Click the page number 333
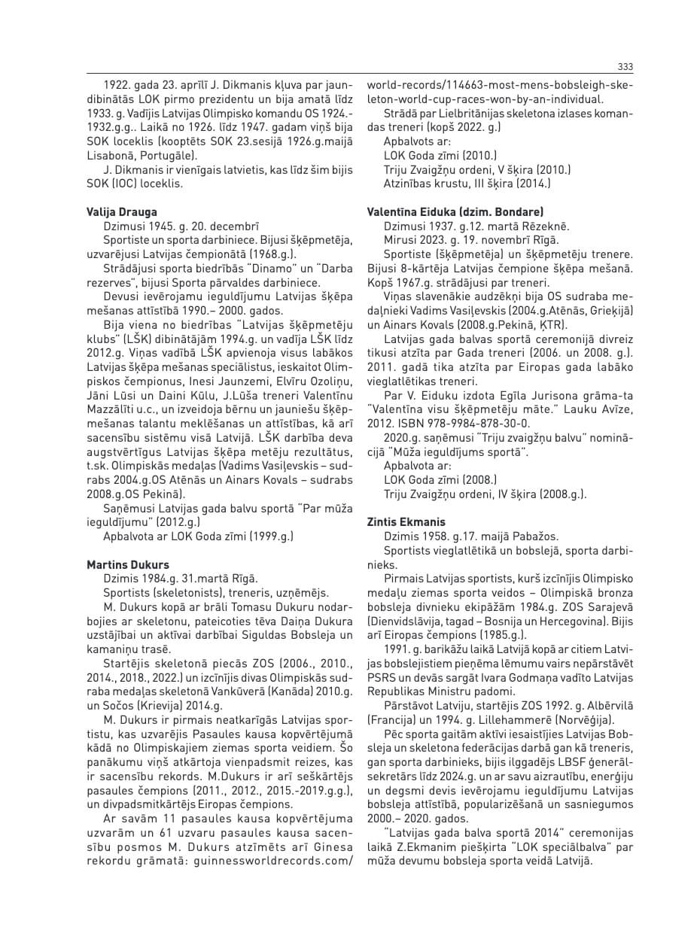pyautogui.click(x=624, y=65)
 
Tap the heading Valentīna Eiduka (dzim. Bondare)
pyautogui.click(x=455, y=212)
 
